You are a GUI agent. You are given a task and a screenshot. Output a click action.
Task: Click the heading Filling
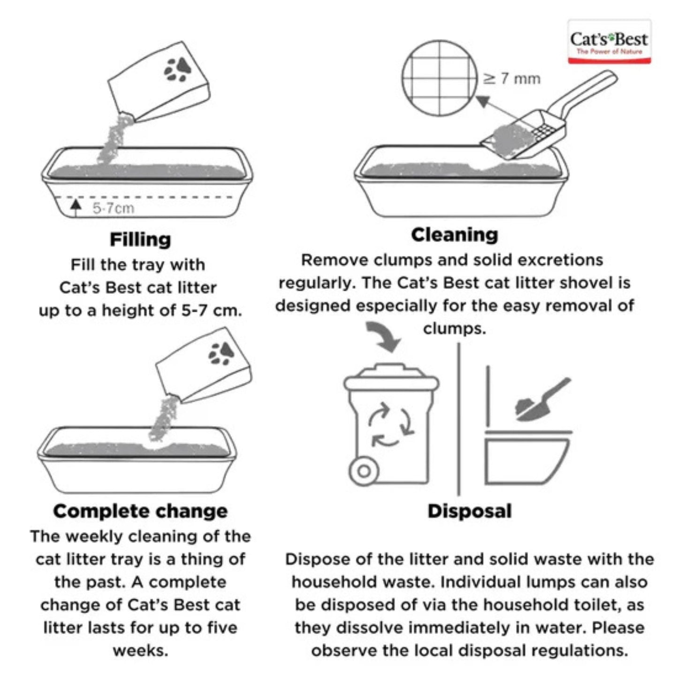[140, 239]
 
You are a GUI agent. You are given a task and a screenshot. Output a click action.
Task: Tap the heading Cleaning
[454, 235]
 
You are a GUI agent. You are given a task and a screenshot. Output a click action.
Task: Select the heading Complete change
[140, 511]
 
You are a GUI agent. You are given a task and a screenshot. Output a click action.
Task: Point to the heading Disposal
[469, 511]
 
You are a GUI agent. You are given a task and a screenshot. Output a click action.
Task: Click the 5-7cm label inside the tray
[113, 208]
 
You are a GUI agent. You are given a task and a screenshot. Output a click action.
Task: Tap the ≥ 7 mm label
[512, 78]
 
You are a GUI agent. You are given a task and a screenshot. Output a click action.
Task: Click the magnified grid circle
[439, 78]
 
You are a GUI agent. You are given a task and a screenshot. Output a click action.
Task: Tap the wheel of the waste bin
[364, 471]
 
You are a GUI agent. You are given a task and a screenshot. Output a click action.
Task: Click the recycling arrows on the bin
[390, 425]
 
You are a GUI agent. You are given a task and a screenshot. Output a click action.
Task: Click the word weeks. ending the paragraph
[140, 651]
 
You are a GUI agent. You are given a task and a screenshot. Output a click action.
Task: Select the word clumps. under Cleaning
[454, 328]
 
